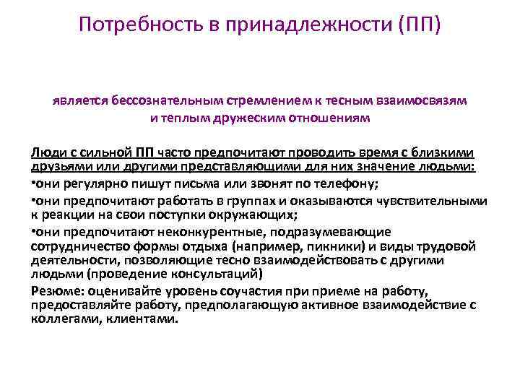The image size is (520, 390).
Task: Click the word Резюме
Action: click(58, 291)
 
